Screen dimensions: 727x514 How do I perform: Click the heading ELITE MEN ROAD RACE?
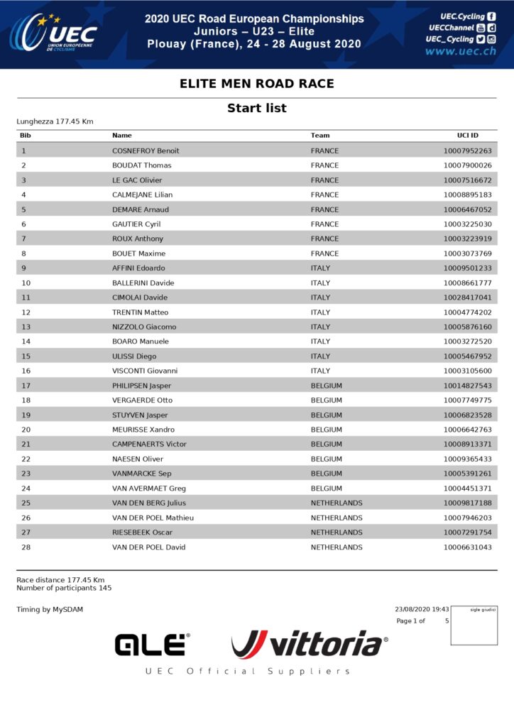(256, 84)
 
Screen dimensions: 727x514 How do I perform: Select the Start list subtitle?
(256, 108)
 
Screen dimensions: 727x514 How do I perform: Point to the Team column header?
(320, 135)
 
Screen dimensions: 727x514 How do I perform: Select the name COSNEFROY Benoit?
(146, 151)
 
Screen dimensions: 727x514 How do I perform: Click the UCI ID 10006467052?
(467, 209)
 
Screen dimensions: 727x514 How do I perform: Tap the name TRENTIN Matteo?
(141, 312)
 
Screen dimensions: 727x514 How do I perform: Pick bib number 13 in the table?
(26, 327)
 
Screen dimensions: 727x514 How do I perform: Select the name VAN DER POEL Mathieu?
(153, 518)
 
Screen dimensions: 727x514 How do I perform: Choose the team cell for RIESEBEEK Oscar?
(337, 532)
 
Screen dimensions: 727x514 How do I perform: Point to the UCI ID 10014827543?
(467, 386)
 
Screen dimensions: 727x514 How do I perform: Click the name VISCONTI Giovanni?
(145, 371)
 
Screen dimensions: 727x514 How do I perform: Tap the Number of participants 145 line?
(64, 588)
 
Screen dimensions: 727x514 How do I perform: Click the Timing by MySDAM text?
(50, 609)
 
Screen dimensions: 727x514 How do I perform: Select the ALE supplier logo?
(152, 645)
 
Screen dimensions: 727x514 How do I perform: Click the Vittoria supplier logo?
(310, 644)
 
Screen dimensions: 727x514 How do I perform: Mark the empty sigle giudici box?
(474, 628)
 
